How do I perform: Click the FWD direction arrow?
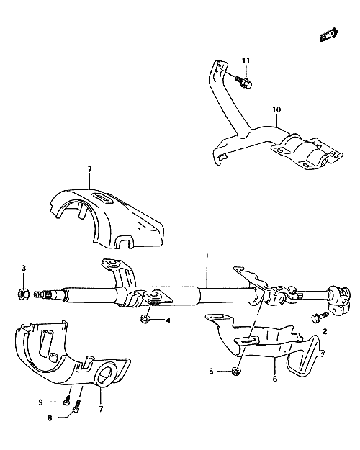point(329,35)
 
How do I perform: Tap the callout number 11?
point(246,60)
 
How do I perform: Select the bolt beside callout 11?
point(243,81)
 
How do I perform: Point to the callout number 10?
point(276,109)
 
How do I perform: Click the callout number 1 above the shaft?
point(207,255)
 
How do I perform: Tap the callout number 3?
point(24,268)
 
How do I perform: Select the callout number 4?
point(168,320)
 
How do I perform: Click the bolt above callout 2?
point(319,317)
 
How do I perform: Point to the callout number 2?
point(325,331)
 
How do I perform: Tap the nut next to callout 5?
point(235,372)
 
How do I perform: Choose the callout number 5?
point(211,372)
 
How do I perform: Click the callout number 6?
point(275,379)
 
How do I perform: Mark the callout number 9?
point(40,402)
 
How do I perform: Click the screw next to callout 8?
point(77,407)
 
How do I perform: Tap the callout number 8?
point(50,418)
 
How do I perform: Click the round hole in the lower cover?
point(105,374)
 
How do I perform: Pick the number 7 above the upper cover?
point(89,170)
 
